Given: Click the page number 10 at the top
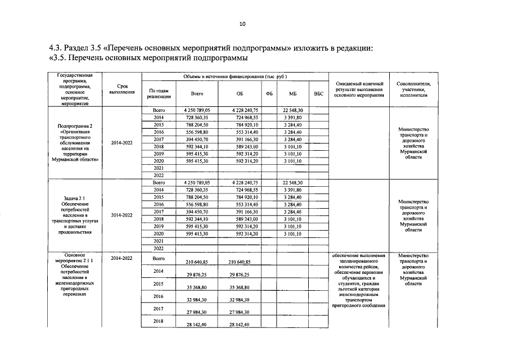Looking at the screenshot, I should coord(242,24).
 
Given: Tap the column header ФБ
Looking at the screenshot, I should coord(269,94).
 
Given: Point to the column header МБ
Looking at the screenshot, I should coord(292,94).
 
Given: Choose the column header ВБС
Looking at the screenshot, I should coord(319,94).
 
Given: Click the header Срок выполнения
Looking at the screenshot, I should coord(122,89).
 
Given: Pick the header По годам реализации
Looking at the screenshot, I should coord(158,94).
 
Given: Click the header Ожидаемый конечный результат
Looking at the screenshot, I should coord(358,89).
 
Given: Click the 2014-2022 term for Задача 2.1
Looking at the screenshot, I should coord(122,215).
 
